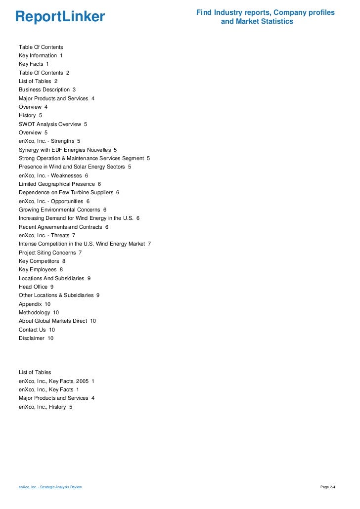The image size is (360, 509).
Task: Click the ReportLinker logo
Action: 60,17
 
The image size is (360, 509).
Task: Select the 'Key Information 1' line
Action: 41,55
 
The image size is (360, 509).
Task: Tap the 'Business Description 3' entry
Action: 47,90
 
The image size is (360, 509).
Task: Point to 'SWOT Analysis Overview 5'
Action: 53,124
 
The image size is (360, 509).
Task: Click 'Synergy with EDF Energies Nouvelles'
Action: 68,150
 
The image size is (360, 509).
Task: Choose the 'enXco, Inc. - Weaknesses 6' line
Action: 53,175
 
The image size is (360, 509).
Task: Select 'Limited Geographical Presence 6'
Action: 60,184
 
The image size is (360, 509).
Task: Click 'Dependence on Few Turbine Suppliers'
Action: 69,192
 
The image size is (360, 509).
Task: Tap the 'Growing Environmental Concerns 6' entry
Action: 62,210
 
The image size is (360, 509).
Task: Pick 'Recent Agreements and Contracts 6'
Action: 63,227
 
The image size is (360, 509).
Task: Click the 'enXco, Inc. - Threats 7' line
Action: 47,235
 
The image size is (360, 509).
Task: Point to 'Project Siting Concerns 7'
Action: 50,253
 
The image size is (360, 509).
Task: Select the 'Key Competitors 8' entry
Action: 42,261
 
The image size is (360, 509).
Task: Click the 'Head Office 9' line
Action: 36,287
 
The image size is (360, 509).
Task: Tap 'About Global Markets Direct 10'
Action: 57,321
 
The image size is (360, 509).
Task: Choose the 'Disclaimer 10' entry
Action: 36,338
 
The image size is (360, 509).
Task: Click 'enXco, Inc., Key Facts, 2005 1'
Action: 56,381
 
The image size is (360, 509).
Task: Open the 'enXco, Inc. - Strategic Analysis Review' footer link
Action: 50,487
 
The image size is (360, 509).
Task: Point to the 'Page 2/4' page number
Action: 328,487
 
